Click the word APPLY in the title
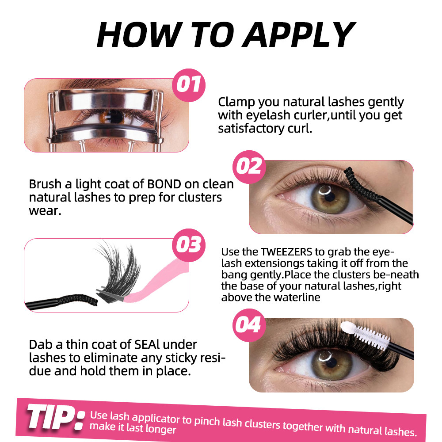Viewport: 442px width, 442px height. coord(299,35)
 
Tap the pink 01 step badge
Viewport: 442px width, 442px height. coord(189,85)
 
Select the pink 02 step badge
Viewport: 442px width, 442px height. coord(249,167)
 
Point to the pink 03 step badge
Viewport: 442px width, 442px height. coord(189,245)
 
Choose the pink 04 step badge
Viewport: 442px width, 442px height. coord(249,325)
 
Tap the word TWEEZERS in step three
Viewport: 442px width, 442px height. coord(286,252)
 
